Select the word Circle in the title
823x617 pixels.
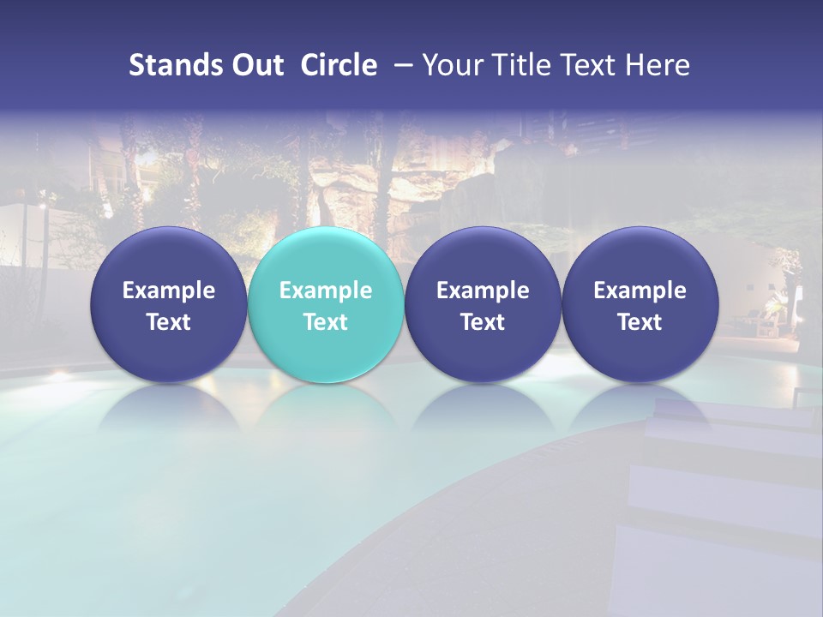(339, 65)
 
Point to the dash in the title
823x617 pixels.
(400, 65)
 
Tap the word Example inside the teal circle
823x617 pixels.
(326, 291)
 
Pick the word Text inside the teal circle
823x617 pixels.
(326, 322)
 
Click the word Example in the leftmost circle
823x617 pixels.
(168, 291)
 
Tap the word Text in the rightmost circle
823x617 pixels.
(640, 322)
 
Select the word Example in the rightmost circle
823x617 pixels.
(640, 291)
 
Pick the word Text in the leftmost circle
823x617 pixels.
(168, 322)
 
